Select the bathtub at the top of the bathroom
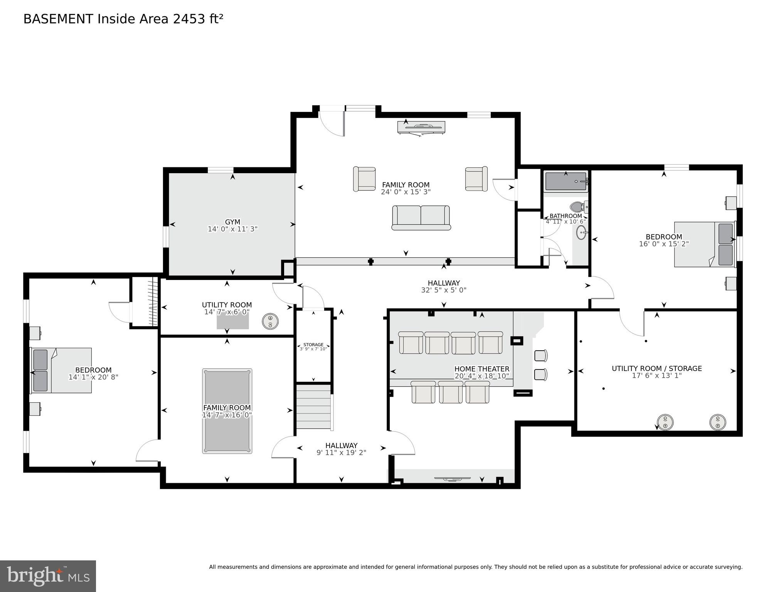click(x=566, y=181)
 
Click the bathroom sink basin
click(x=582, y=233)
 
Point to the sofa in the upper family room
click(x=421, y=218)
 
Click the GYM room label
click(x=232, y=222)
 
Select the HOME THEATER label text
click(x=481, y=369)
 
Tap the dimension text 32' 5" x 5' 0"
click(x=443, y=290)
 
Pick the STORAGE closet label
click(x=313, y=345)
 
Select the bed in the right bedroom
click(x=705, y=244)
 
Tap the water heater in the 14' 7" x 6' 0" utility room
click(x=270, y=321)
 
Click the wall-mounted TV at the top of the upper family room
click(x=421, y=127)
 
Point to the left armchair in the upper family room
click(x=364, y=179)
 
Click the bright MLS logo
click(x=48, y=576)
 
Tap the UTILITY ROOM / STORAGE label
click(x=657, y=368)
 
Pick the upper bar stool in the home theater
click(x=540, y=355)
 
